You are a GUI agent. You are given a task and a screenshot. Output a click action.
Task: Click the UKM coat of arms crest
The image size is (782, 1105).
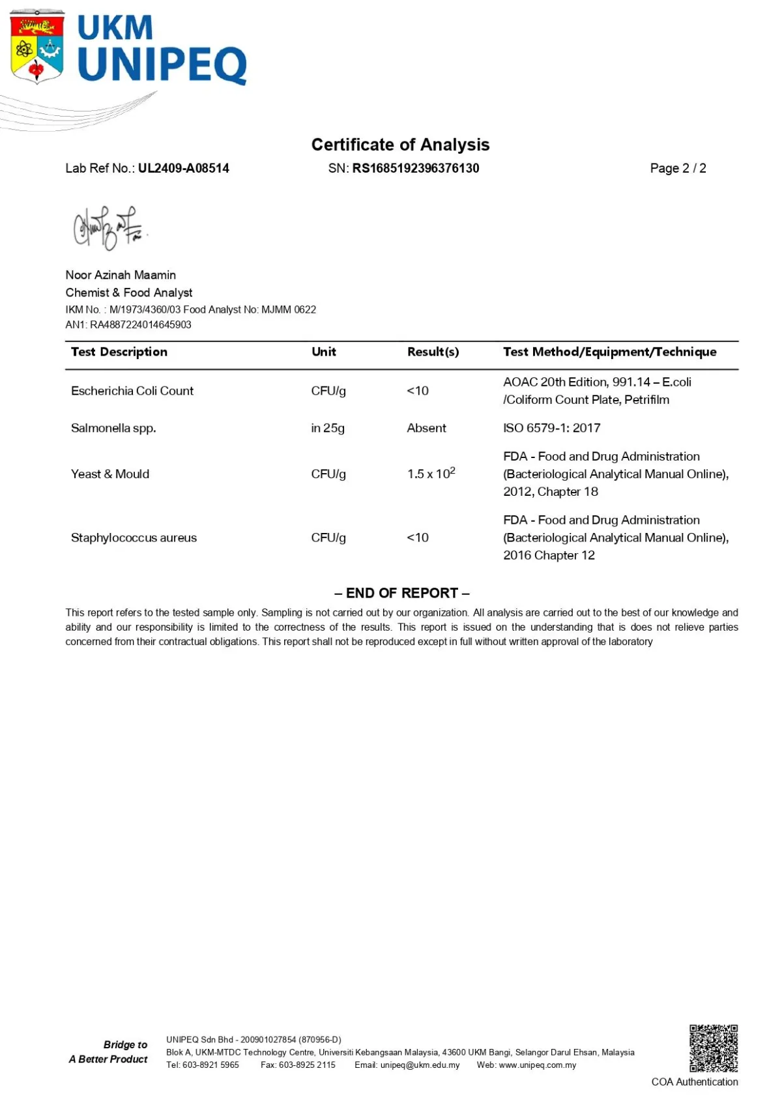[37, 47]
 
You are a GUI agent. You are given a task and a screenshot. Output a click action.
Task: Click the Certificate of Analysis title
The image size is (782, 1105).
[400, 145]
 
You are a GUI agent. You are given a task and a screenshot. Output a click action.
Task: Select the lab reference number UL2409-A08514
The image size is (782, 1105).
[183, 168]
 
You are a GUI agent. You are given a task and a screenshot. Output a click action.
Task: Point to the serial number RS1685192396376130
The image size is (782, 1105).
[416, 168]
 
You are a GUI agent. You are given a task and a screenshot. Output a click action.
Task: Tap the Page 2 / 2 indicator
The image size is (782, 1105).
[678, 168]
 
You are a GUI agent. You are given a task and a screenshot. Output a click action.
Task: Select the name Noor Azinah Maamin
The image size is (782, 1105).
[121, 275]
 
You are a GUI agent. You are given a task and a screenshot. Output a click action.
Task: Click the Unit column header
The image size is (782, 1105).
[323, 352]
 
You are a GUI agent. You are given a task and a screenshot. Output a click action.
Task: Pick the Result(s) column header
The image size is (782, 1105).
[433, 352]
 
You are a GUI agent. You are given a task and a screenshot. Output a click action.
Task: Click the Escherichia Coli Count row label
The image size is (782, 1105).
[132, 391]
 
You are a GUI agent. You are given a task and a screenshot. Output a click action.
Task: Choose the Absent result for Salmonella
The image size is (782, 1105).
[426, 428]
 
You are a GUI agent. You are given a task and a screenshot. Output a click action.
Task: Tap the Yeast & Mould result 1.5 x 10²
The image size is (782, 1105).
[431, 474]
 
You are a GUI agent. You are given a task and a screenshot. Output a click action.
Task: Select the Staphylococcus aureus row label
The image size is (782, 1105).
[134, 538]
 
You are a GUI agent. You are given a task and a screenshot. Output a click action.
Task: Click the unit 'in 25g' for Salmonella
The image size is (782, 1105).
[327, 428]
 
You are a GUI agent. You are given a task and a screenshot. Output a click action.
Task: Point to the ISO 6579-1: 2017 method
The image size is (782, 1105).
[551, 428]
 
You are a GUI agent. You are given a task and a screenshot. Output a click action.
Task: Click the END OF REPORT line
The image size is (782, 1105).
[401, 593]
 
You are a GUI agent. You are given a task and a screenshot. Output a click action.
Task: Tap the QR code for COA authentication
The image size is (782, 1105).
[714, 1048]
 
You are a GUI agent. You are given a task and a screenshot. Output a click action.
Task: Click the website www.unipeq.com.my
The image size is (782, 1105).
[537, 1065]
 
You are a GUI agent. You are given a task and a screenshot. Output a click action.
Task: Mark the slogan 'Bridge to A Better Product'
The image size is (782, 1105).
[109, 1052]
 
